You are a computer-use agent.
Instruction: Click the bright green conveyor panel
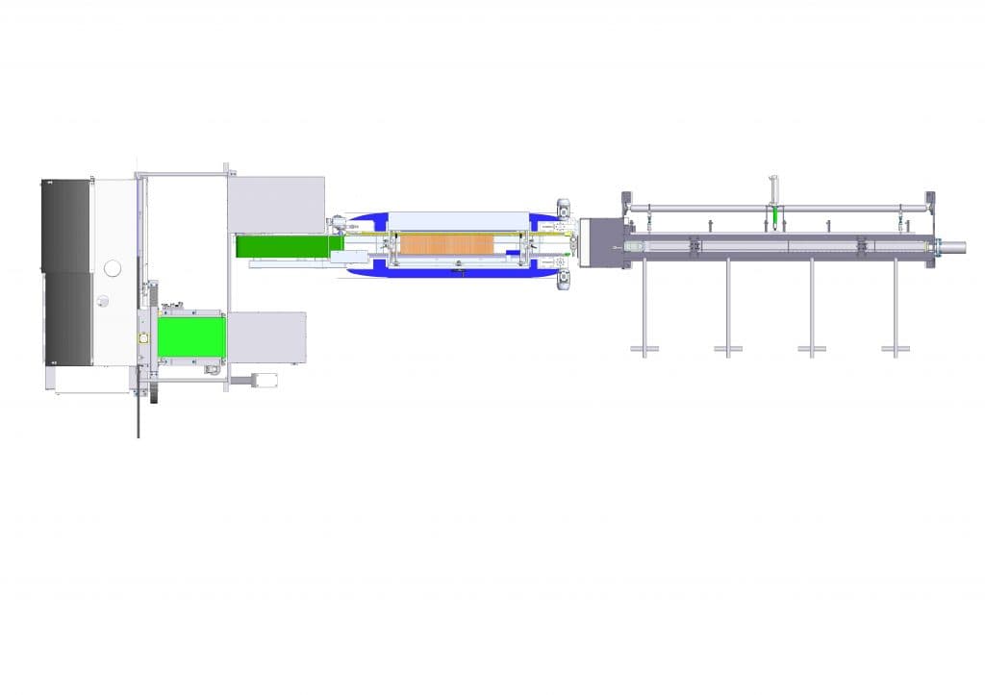190,336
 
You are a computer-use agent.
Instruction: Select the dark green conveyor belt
283,246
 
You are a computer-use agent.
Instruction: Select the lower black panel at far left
65,317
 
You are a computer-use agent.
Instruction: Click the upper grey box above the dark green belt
276,204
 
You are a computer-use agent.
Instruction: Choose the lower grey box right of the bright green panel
266,337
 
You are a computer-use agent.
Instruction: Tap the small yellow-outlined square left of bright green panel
143,339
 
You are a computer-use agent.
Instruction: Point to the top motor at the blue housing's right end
562,207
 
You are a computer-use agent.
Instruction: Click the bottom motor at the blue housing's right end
562,280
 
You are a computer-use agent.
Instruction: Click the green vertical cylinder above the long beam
774,219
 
